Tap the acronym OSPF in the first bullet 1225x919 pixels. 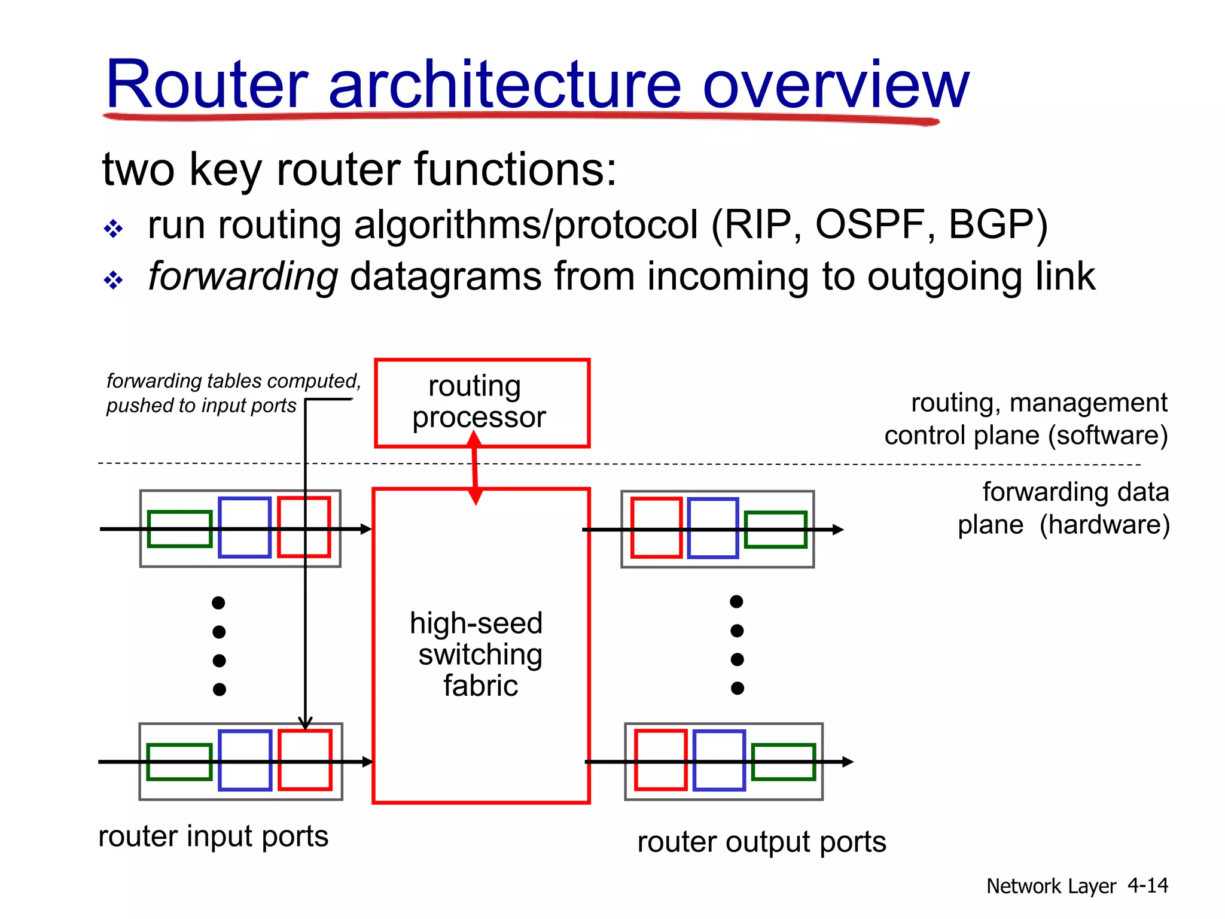(871, 225)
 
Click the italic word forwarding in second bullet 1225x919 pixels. (243, 278)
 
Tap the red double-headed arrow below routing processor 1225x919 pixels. (475, 467)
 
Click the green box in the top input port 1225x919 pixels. (179, 529)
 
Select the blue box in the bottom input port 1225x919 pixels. (245, 760)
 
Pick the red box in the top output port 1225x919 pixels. (656, 528)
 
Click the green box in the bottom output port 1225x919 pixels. (783, 762)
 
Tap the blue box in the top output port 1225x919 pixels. (712, 528)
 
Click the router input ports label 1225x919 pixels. (213, 836)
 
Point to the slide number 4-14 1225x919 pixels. (1147, 885)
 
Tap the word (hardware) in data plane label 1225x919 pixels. (1104, 525)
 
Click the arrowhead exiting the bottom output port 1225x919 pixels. (848, 762)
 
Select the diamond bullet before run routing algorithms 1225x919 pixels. (113, 229)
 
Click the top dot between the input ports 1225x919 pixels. (218, 602)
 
